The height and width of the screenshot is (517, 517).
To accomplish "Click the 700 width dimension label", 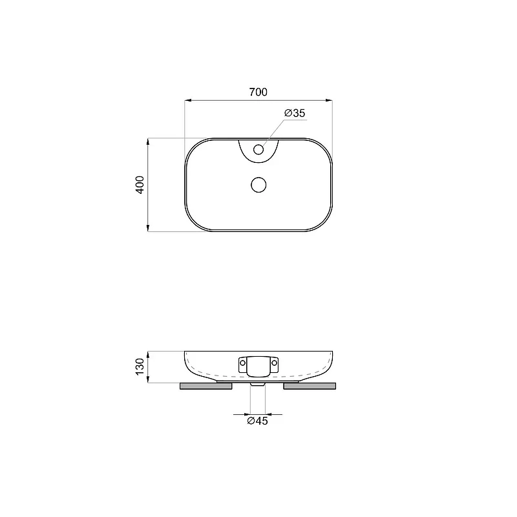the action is point(258,92).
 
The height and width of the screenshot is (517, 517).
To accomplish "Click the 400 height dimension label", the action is point(140,185).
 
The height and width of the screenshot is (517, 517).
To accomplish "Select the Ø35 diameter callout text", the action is point(295,113).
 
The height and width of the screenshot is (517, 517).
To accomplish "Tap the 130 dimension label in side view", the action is point(140,366).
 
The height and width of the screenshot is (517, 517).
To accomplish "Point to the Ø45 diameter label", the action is point(258,421).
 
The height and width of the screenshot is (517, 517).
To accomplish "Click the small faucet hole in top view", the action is point(258,150).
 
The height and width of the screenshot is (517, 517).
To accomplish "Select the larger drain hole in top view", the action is point(258,185).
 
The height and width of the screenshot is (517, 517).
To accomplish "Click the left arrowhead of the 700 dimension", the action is point(188,100).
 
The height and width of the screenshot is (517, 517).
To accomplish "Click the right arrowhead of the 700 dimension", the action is point(329,100).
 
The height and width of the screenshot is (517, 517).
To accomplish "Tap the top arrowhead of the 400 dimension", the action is point(148,142).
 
